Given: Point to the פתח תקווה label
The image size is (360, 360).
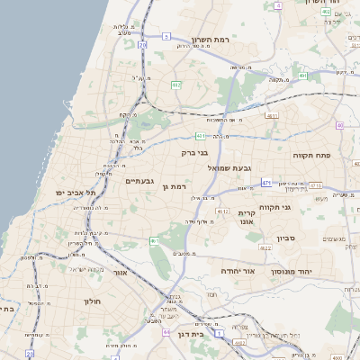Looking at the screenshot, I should coord(312,156).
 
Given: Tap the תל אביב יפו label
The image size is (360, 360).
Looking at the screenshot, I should coord(74,193).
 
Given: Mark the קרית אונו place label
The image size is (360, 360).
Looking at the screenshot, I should coord(249,217).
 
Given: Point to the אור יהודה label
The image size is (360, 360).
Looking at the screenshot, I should coord(238,270).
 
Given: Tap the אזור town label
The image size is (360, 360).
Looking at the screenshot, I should coord(119,271).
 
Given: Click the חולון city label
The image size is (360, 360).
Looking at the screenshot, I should coord(93,301).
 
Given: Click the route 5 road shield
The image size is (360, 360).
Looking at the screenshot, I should coord(166,37).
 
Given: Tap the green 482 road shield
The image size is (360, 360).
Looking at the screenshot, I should coord(176,85).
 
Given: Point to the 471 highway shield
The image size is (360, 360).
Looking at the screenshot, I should coord(266,183).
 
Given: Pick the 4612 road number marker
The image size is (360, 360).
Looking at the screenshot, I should coord(222,211).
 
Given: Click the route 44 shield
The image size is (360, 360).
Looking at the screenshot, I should coord(167,332).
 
